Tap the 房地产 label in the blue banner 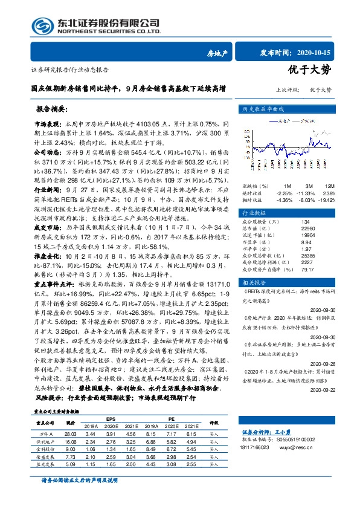(217, 54)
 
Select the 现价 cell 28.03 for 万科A (70, 433)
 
